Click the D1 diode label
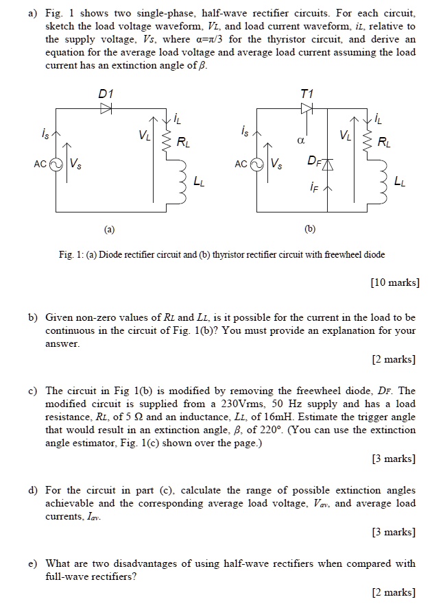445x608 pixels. point(106,93)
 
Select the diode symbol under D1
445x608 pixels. point(106,108)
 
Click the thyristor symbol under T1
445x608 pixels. point(306,108)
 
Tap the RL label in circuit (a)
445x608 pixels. point(184,143)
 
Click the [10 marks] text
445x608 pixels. point(394,282)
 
